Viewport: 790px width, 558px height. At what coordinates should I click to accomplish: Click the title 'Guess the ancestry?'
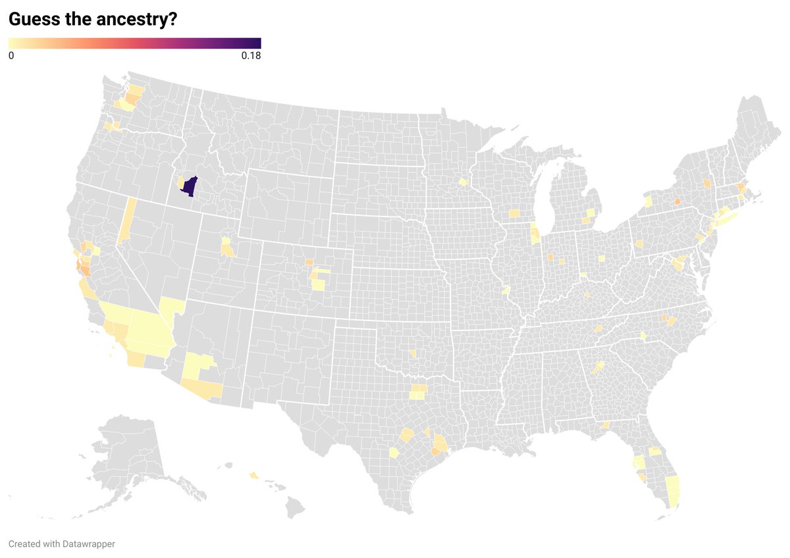[92, 20]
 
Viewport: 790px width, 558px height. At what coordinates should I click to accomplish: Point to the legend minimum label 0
[11, 56]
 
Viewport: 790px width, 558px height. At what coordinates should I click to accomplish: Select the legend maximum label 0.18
[251, 56]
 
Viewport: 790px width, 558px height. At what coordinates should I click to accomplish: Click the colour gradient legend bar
[134, 43]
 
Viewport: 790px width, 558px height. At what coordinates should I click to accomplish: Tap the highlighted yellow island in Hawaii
[254, 475]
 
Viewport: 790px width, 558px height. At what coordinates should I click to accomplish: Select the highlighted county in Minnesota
[463, 182]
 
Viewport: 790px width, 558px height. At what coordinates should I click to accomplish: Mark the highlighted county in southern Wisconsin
[513, 213]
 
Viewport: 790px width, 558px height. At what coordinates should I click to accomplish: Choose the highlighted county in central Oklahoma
[412, 354]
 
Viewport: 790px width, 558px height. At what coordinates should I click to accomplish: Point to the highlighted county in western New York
[647, 201]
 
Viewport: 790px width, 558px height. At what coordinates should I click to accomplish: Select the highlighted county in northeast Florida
[655, 451]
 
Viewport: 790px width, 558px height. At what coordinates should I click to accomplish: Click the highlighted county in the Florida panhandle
[604, 425]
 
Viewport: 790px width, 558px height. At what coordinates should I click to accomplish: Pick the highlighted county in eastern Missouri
[506, 290]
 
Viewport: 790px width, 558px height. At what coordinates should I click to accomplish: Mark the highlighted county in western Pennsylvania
[639, 243]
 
